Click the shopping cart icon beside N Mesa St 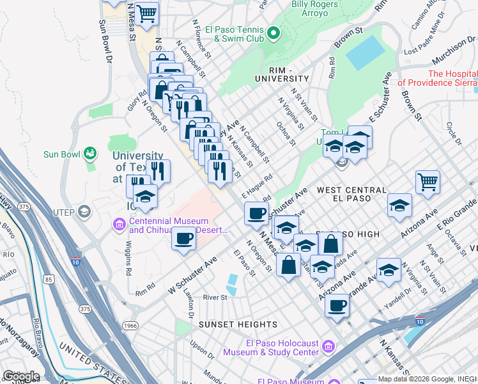pyautogui.click(x=146, y=13)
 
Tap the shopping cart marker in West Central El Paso pyautogui.click(x=428, y=182)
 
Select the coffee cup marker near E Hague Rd pyautogui.click(x=256, y=213)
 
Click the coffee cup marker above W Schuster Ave pyautogui.click(x=184, y=239)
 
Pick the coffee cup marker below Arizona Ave pyautogui.click(x=337, y=305)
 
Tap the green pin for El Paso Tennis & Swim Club pyautogui.click(x=274, y=32)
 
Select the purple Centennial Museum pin pyautogui.click(x=119, y=224)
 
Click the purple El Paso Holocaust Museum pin pyautogui.click(x=328, y=346)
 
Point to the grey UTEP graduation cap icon pyautogui.click(x=83, y=212)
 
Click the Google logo pyautogui.click(x=20, y=376)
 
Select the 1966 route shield pyautogui.click(x=131, y=325)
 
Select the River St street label pyautogui.click(x=215, y=297)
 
